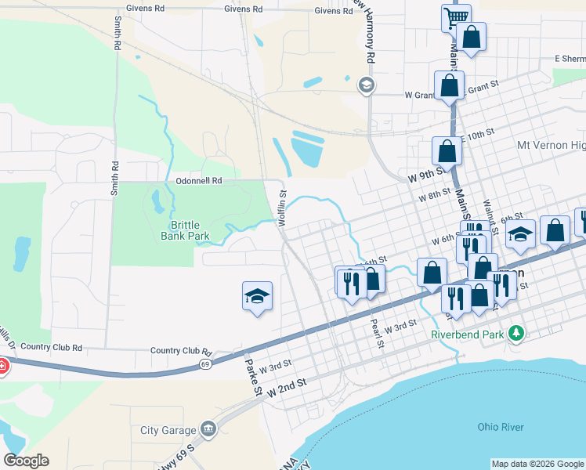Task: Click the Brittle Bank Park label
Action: pyautogui.click(x=185, y=230)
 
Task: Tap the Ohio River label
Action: pyautogui.click(x=501, y=427)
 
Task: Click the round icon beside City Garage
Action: pyautogui.click(x=208, y=428)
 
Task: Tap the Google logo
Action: pyautogui.click(x=26, y=461)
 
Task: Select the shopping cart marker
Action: pyautogui.click(x=455, y=16)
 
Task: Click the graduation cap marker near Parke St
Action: pyautogui.click(x=257, y=297)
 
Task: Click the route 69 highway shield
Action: pyautogui.click(x=205, y=364)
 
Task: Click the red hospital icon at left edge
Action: pyautogui.click(x=2, y=366)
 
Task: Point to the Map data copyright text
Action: pyautogui.click(x=537, y=464)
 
